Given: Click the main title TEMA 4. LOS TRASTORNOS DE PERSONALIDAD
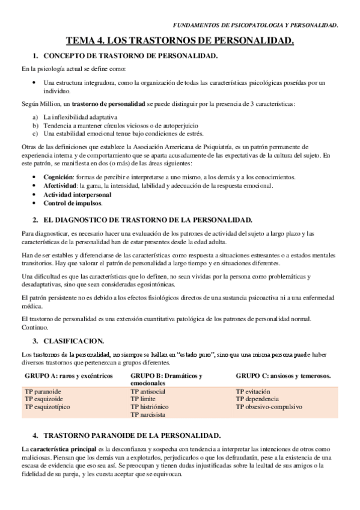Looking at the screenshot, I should (180, 41).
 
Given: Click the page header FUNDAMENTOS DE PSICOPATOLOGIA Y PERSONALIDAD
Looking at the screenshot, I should (255, 25).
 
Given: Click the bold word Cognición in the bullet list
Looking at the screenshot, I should (58, 177).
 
